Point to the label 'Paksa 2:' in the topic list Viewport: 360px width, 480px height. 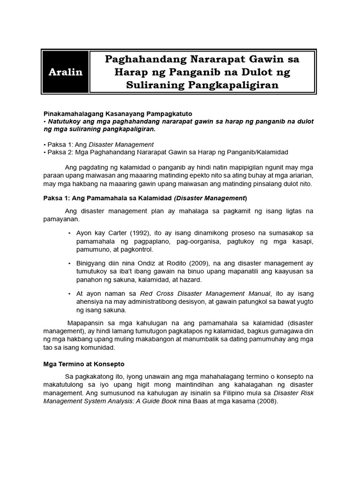click(x=58, y=152)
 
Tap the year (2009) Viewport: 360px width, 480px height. click(x=177, y=263)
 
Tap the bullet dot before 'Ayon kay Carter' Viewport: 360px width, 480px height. click(x=69, y=233)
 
